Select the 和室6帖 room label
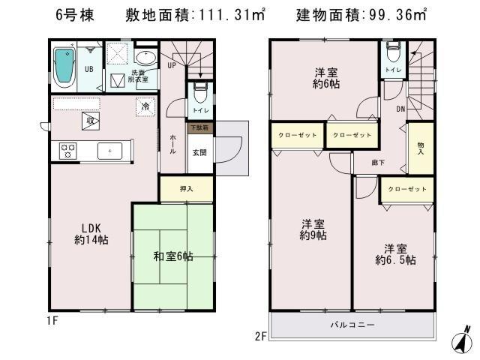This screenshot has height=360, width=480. (x=173, y=256)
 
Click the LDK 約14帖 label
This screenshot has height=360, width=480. (x=88, y=232)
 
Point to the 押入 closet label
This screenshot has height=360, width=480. (x=186, y=189)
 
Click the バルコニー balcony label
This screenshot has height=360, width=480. (x=352, y=325)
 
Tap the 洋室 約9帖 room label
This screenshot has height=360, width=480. (x=313, y=229)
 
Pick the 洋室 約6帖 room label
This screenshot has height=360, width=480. (x=324, y=77)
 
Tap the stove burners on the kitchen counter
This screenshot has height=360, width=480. (x=65, y=150)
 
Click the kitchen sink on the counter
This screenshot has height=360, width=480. (x=109, y=151)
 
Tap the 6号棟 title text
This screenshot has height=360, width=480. (x=74, y=16)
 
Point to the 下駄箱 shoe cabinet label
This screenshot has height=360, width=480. (x=199, y=128)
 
